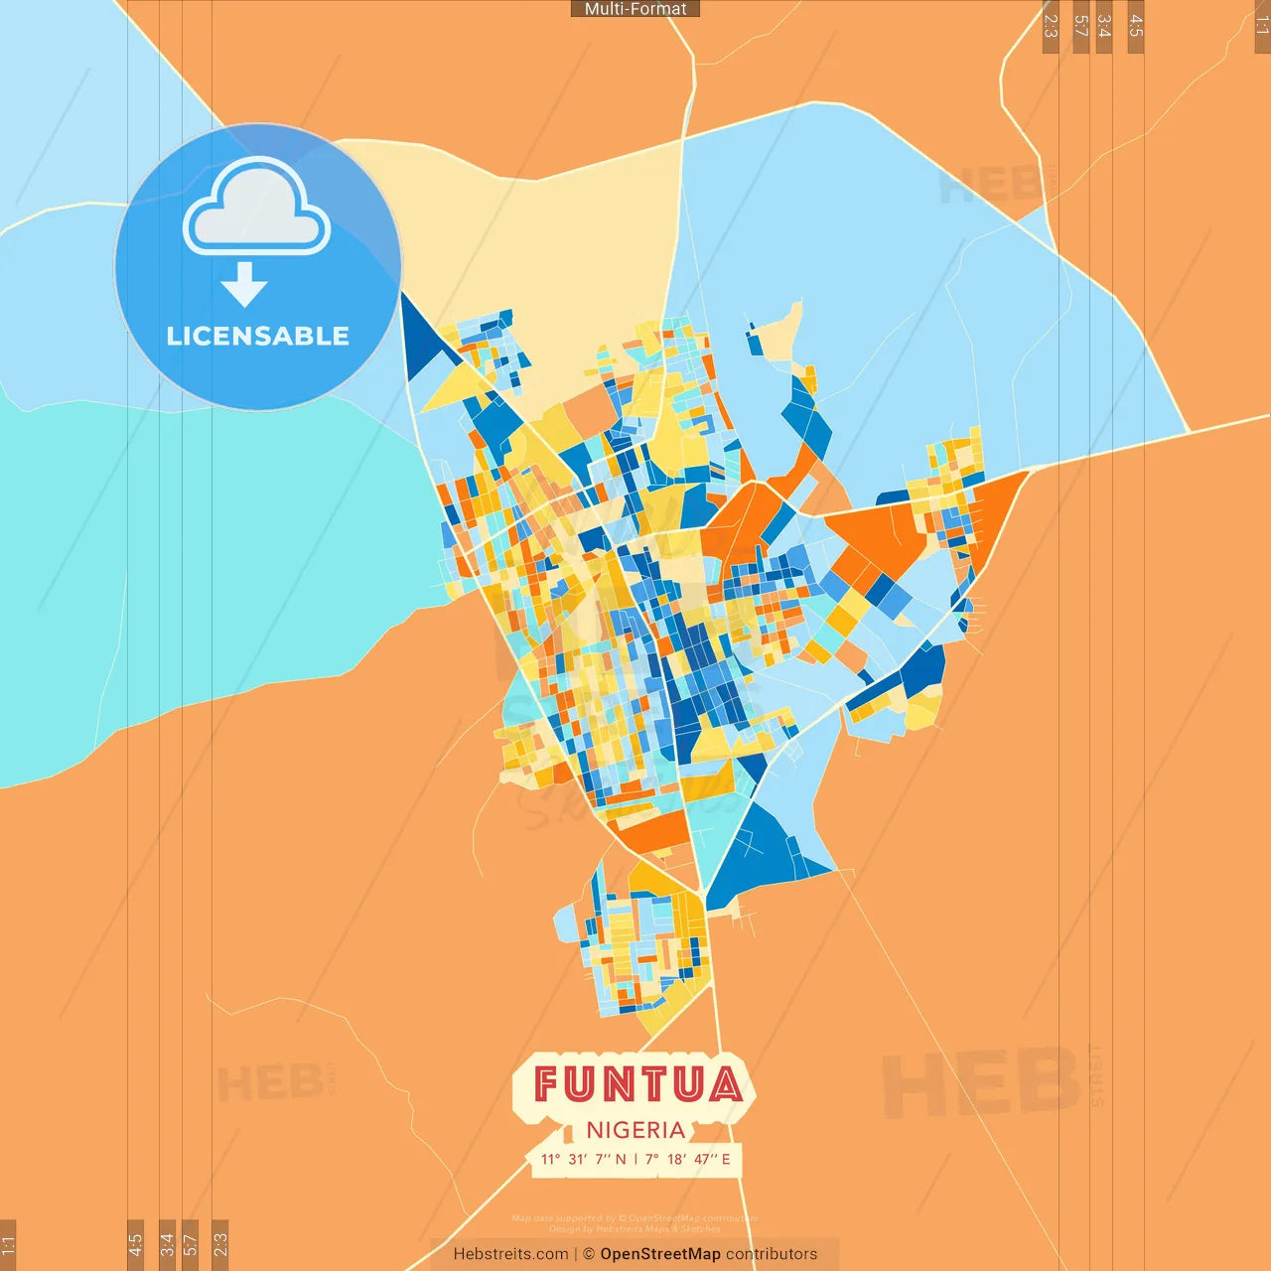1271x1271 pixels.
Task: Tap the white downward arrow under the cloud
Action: tap(244, 285)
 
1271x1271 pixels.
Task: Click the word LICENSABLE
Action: tap(257, 336)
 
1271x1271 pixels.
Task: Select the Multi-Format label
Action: tap(635, 9)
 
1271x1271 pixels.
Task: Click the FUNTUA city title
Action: tap(636, 1084)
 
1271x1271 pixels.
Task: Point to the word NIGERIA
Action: tap(635, 1130)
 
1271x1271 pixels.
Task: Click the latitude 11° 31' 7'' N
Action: tap(583, 1159)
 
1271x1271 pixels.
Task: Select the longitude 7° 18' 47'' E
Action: tap(687, 1159)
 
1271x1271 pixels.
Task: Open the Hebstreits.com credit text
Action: tap(510, 1254)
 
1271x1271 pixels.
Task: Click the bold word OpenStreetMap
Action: tap(660, 1254)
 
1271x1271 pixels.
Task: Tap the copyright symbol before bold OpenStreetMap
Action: tap(589, 1254)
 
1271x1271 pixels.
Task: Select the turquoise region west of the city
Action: tap(199, 556)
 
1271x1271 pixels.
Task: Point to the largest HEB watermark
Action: tap(981, 1082)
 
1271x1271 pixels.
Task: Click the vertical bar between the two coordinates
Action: tap(635, 1159)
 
